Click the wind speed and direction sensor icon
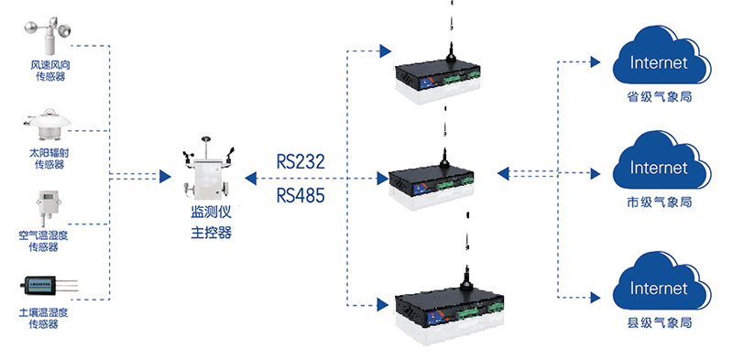pos(49,36)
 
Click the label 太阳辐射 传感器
pos(49,158)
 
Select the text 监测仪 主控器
pos(212,223)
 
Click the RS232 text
pos(301,162)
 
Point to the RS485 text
pos(301,195)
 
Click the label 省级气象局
pos(659,97)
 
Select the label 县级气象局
pos(659,322)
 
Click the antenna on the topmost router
pos(451,51)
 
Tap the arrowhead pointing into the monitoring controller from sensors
pos(165,176)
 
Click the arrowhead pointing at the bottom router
pos(383,305)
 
